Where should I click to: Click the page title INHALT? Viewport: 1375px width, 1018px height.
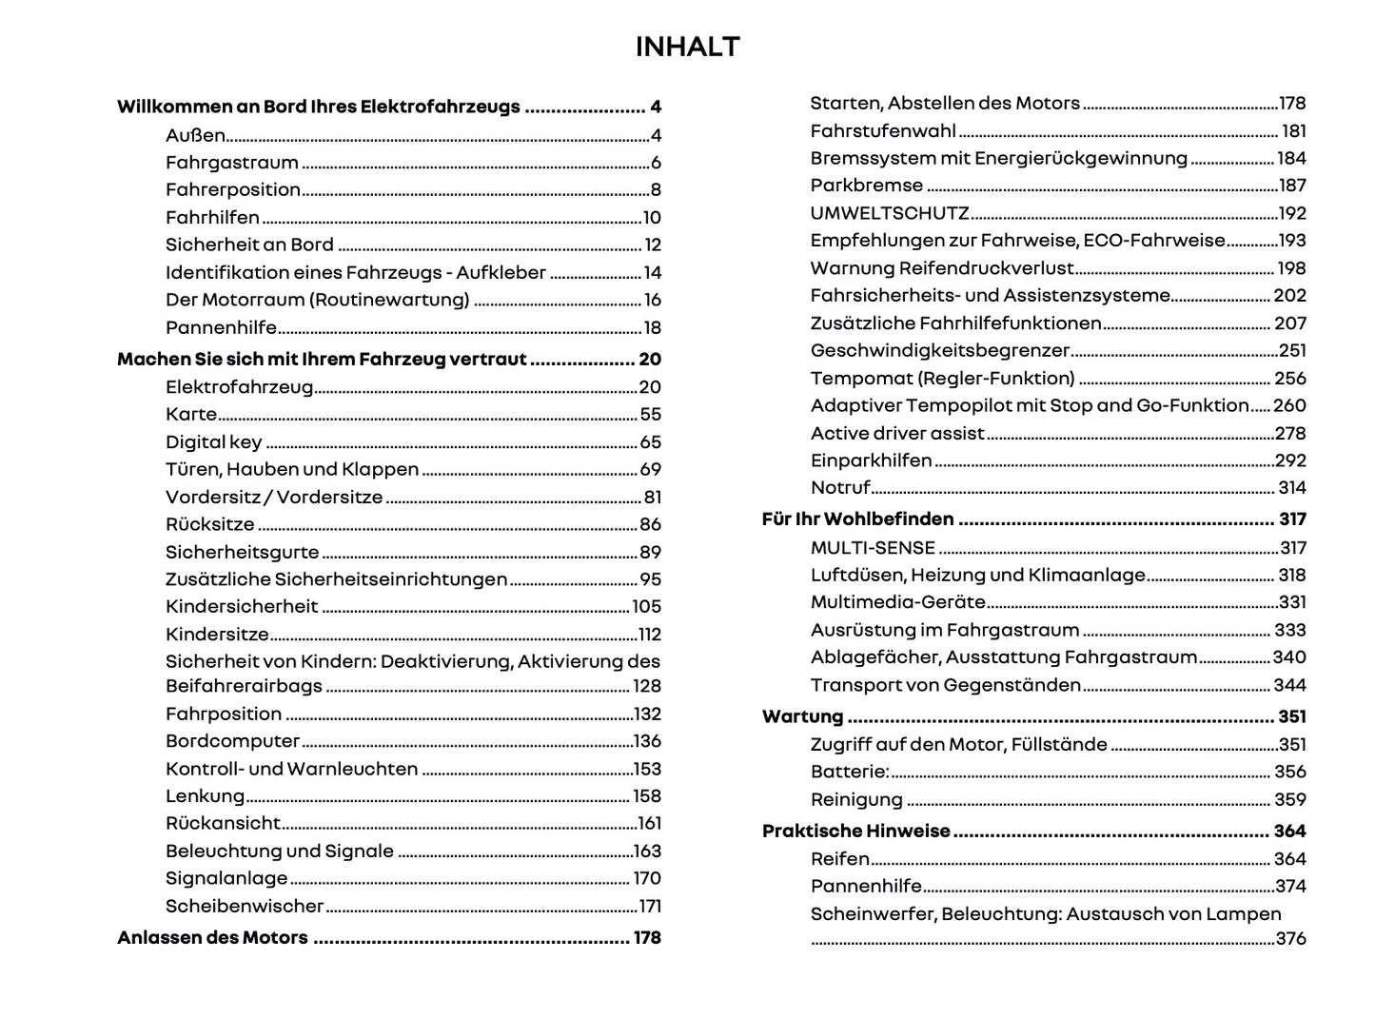point(687,47)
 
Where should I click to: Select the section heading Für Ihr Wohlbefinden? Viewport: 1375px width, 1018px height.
point(857,519)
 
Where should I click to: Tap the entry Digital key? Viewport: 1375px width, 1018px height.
point(213,442)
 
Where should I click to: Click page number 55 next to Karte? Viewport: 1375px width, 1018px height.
point(650,415)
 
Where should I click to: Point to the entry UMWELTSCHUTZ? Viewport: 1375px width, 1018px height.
point(889,213)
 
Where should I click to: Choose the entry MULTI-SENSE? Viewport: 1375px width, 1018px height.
point(873,548)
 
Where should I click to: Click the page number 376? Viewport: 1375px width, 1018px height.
point(1290,939)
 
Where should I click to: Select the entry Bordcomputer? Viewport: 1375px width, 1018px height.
point(232,741)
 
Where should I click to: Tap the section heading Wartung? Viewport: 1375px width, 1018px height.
point(802,716)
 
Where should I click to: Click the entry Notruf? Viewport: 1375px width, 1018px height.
point(839,488)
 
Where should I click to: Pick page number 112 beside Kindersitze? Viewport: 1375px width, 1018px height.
point(649,635)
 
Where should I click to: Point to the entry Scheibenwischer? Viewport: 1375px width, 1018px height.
point(245,907)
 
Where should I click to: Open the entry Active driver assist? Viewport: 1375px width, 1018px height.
point(896,434)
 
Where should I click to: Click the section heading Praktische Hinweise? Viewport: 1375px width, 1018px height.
point(855,832)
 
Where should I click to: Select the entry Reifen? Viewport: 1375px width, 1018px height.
point(839,859)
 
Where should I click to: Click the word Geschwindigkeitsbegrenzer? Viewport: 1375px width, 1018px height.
point(939,351)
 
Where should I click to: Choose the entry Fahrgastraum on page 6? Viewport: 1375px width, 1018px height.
point(231,163)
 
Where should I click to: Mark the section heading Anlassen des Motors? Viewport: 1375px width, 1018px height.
point(212,938)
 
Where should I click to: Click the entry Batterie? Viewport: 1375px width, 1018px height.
point(849,772)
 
